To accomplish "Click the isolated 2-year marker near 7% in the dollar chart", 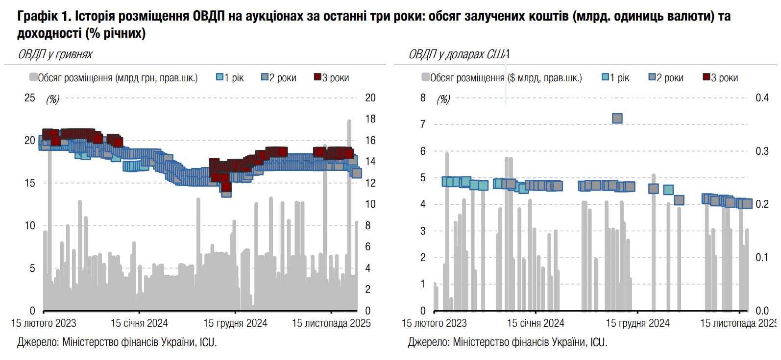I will click(617, 118).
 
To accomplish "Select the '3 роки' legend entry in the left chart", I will click(332, 78).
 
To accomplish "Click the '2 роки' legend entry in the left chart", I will click(279, 78).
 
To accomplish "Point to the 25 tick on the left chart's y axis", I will click(30, 98).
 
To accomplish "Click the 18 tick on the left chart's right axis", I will click(370, 119).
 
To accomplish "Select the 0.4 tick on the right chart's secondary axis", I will click(762, 98).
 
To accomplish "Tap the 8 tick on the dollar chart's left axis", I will click(423, 98).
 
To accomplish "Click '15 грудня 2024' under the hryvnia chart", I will click(235, 323).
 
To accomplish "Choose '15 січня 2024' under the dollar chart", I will click(536, 323).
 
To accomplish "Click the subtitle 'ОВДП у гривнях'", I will click(55, 54).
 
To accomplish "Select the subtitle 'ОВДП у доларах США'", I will click(459, 54).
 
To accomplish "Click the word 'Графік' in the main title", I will click(37, 16).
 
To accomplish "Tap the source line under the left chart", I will click(117, 342).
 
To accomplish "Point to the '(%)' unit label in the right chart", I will click(443, 99).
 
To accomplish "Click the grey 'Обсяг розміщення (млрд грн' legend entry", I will click(114, 78).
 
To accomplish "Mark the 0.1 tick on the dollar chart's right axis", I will click(762, 258).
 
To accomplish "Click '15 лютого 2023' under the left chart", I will click(44, 323).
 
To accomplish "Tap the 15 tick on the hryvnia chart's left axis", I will click(30, 183).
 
